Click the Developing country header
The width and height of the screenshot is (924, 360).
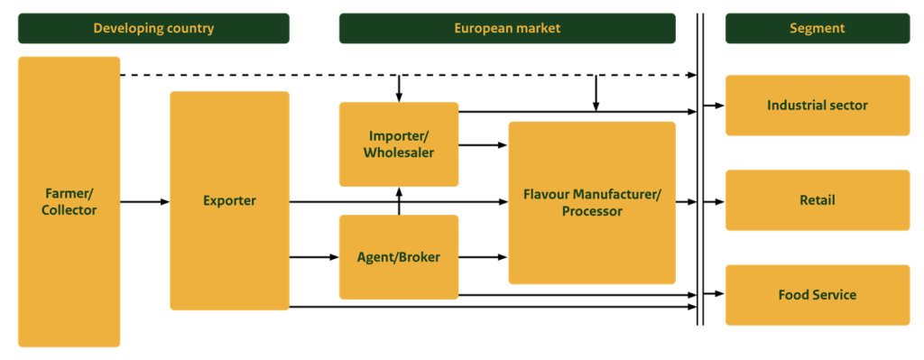153,28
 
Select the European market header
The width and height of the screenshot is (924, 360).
506,28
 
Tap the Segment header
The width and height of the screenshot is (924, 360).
817,28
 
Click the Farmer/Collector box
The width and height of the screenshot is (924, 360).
69,202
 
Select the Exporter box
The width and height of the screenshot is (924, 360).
229,200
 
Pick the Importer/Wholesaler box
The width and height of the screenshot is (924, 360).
399,144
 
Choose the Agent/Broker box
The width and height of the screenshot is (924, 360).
399,257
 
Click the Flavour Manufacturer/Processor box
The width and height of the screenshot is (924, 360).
592,202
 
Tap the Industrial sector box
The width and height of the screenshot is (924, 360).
817,106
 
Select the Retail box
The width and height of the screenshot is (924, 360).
817,200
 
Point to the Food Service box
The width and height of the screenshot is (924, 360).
817,295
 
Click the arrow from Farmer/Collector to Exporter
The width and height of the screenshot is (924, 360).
144,201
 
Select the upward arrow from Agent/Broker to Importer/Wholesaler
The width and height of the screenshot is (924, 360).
399,200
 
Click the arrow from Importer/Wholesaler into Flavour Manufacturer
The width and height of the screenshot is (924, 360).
484,144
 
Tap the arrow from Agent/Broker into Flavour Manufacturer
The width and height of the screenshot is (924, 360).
484,257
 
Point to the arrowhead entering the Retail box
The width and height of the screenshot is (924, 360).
719,201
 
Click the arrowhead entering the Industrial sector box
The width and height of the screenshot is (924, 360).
719,106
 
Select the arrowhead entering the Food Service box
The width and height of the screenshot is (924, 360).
719,294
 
